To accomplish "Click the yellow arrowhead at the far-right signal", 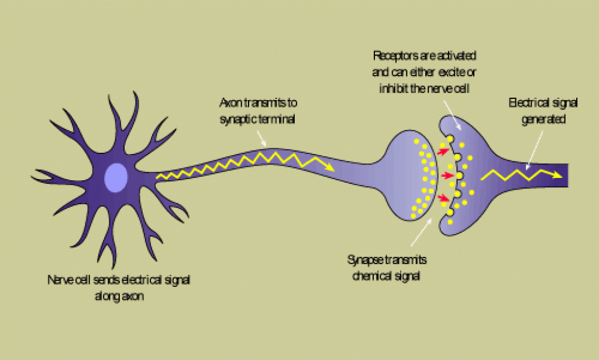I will tap(559, 174).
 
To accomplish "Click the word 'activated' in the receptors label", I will tap(456, 56).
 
